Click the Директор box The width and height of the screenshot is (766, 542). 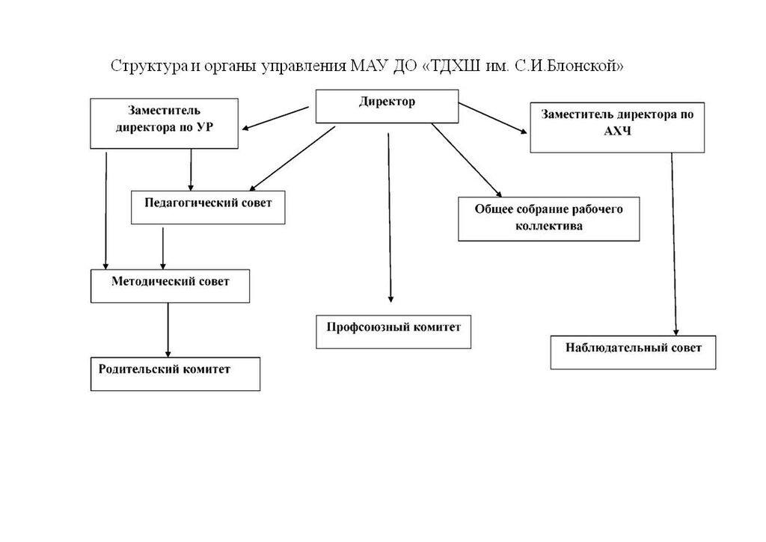coord(386,106)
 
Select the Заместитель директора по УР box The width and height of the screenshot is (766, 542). coord(165,123)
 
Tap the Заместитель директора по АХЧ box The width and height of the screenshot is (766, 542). coord(617,127)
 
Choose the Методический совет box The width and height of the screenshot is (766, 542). coord(170,286)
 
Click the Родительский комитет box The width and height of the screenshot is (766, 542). coord(175,374)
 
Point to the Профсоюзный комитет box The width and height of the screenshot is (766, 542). coord(393,331)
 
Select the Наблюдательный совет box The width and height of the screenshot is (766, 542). coord(634,352)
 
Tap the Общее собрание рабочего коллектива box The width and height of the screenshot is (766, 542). coord(548,219)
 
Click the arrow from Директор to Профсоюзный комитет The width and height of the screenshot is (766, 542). coord(390,217)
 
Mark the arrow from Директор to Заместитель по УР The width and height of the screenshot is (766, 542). coord(275,118)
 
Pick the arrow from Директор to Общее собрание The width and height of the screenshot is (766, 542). coord(465,158)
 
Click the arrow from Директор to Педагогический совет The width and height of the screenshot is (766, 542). coord(292,158)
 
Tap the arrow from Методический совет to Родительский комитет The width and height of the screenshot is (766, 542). coord(168,329)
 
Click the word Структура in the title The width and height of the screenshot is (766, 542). coord(146,66)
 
